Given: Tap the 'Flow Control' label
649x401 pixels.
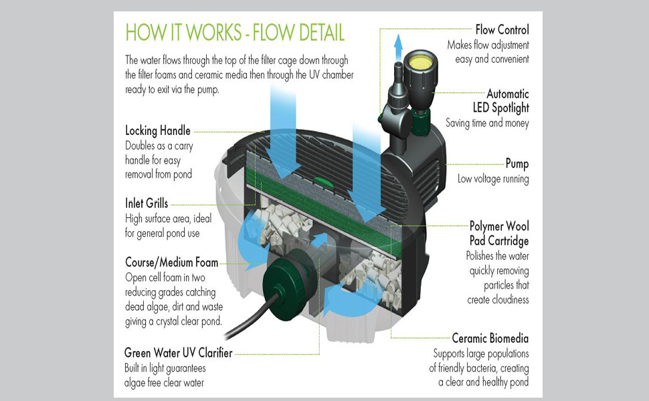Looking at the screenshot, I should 502,29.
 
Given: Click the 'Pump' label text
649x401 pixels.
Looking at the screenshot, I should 517,164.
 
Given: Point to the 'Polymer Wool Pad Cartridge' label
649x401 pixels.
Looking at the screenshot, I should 499,233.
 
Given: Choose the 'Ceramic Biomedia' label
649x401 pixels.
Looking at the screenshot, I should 490,338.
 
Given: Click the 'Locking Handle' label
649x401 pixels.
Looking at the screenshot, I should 158,131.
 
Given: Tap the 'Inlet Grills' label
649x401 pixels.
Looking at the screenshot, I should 147,203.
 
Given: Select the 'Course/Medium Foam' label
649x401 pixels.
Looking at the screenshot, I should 172,262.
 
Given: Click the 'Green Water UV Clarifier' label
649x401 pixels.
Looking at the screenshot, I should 178,352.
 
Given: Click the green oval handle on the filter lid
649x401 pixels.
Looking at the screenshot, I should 322,179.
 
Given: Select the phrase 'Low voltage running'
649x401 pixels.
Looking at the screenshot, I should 493,178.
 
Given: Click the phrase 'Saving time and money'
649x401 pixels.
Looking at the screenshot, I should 487,123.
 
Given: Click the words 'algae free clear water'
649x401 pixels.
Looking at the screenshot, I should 165,382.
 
